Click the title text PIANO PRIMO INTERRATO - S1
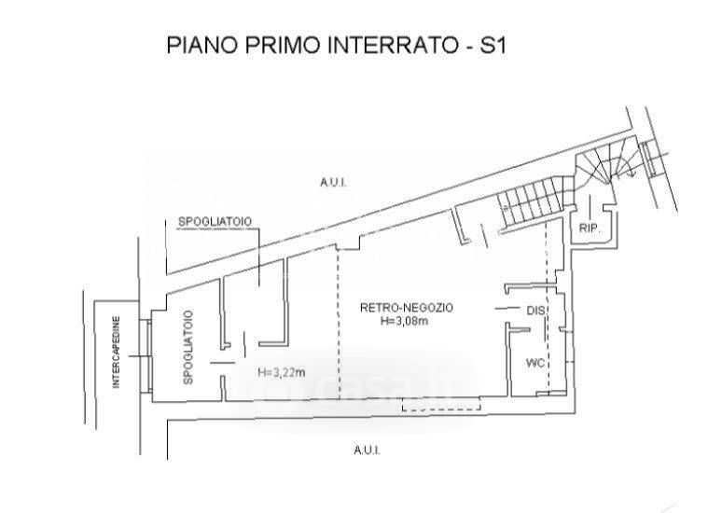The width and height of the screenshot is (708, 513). point(337,45)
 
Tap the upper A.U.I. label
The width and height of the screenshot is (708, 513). point(333,183)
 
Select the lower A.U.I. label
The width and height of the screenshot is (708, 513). point(368,451)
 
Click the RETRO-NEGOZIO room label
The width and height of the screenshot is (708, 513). point(407,308)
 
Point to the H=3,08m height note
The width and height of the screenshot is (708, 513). point(404,321)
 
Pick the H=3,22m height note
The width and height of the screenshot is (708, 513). point(282,372)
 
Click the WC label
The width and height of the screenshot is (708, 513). point(535,363)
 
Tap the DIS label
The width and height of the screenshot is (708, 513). point(536,311)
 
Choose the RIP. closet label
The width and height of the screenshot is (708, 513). point(590,229)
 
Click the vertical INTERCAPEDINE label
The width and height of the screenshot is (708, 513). point(117,353)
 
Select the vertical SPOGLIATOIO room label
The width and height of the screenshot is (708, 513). point(188,347)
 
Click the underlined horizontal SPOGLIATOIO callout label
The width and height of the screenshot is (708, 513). point(215,222)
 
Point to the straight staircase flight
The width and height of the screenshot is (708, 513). point(531,201)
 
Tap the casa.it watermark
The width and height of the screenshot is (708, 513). point(361,386)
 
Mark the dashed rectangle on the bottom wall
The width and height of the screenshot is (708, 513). point(441,406)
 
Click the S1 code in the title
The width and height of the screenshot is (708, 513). point(493,45)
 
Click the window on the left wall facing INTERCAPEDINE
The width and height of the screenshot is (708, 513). point(145,355)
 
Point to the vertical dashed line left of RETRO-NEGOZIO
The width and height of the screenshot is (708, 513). point(339,324)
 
